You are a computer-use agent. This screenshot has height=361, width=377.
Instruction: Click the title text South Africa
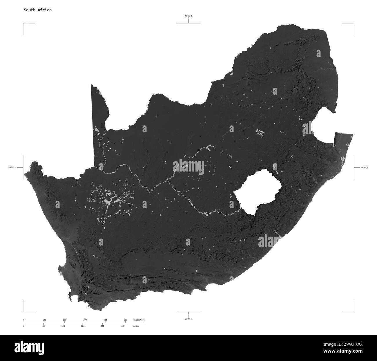38,10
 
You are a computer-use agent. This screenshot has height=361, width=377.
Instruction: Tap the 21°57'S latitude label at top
188,16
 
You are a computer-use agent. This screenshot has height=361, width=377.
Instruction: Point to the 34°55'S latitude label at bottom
188,319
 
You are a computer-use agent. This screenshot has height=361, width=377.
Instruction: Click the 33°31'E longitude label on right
365,167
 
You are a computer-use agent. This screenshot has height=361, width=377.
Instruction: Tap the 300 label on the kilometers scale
85,320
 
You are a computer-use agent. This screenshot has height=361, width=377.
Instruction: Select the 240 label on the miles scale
102,326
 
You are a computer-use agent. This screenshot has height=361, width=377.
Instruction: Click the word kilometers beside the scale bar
139,320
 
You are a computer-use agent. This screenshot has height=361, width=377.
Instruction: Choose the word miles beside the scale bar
136,326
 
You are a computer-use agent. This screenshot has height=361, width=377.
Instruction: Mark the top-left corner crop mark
23,23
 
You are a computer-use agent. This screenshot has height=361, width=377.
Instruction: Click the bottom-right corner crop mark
353,311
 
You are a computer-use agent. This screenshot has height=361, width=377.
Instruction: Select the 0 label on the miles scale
24,326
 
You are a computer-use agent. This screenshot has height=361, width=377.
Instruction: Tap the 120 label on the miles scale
63,326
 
